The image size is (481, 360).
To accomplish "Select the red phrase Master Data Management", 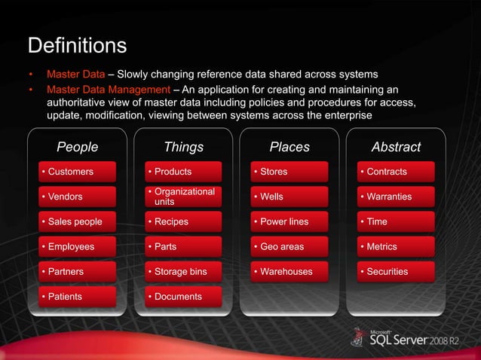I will click(104, 90).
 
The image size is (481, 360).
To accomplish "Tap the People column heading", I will click(78, 147).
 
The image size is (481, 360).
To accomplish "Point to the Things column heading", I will click(183, 147).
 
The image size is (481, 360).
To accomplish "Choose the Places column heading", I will click(290, 147).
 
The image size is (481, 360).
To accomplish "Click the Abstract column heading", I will click(396, 147).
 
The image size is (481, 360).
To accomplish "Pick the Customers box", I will click(78, 172).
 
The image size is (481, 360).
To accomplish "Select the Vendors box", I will click(78, 197).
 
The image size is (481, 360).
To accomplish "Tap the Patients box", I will click(78, 297).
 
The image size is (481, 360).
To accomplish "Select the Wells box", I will click(290, 197).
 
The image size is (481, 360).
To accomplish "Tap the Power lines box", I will click(290, 222).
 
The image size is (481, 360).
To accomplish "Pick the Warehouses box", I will click(290, 271).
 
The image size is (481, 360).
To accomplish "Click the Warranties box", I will click(397, 197).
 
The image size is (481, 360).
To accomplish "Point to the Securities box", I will click(397, 271).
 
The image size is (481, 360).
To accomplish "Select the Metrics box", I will click(397, 246).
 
